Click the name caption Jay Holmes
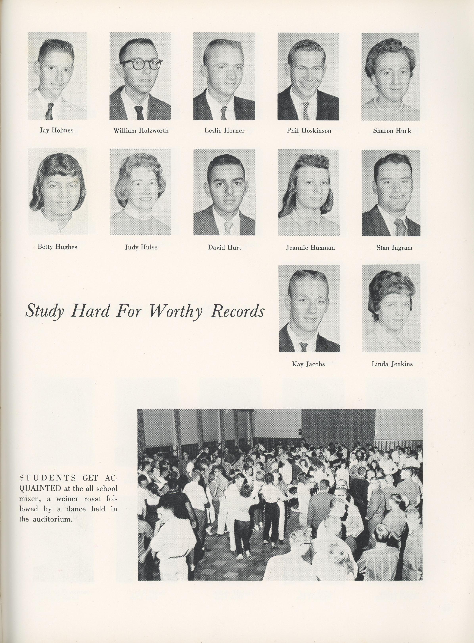click(56, 131)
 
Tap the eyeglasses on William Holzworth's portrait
click(141, 63)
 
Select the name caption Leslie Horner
click(224, 131)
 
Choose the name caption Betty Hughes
click(57, 247)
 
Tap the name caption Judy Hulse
click(141, 247)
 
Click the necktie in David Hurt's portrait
click(228, 228)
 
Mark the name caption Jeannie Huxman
click(310, 247)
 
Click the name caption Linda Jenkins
click(392, 364)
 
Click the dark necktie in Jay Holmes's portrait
click(50, 111)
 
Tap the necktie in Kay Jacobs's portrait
click(304, 346)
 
